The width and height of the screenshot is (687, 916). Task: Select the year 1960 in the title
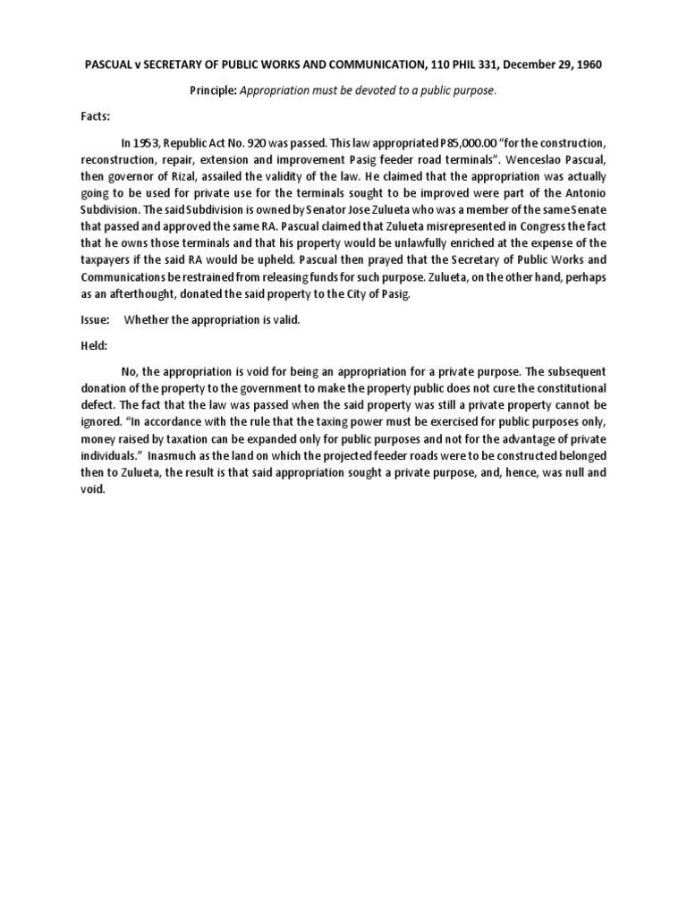[584, 65]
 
